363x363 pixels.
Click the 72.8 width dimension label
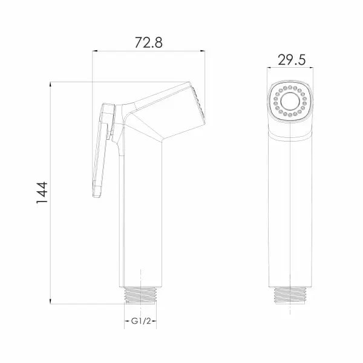pos(149,42)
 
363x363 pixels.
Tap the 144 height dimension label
pos(42,192)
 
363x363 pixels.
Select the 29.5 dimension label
pos(292,60)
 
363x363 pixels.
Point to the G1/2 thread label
pos(141,321)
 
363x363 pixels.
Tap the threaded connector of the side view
pos(141,295)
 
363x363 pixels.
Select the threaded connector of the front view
pos(290,295)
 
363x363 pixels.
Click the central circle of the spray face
pos(290,101)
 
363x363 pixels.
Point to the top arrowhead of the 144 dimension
pos(50,84)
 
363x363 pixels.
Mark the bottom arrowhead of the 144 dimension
pos(50,301)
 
